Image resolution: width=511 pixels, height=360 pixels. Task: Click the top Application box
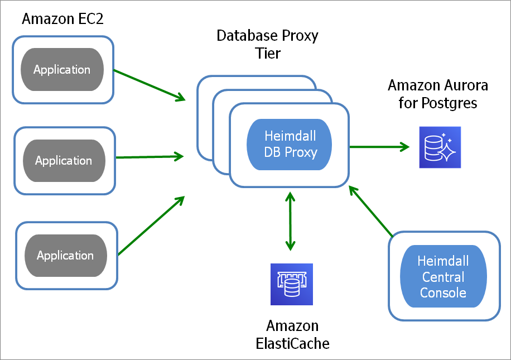pyautogui.click(x=62, y=70)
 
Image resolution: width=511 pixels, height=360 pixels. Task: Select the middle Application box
pyautogui.click(x=64, y=161)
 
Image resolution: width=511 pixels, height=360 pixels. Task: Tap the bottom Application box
pyautogui.click(x=66, y=256)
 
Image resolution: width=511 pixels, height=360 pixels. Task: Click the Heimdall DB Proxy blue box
pyautogui.click(x=290, y=145)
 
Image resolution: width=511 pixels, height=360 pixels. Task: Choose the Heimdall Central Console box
pyautogui.click(x=443, y=277)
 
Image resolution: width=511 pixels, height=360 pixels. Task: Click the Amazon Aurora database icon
pyautogui.click(x=440, y=147)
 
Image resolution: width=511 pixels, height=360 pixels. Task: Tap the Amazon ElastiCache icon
pyautogui.click(x=291, y=284)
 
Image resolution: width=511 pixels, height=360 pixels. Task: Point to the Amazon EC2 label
pyautogui.click(x=62, y=19)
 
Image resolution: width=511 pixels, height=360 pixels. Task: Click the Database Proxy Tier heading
pyautogui.click(x=267, y=45)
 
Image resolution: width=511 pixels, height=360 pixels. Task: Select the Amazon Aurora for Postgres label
pyautogui.click(x=437, y=94)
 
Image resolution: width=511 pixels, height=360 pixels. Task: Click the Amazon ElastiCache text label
pyautogui.click(x=292, y=334)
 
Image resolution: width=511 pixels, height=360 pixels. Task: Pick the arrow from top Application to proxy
pyautogui.click(x=149, y=85)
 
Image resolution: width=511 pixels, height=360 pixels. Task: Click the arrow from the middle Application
pyautogui.click(x=150, y=157)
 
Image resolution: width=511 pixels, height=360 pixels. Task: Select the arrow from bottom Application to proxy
pyautogui.click(x=152, y=225)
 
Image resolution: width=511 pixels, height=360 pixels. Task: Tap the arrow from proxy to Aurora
pyautogui.click(x=379, y=147)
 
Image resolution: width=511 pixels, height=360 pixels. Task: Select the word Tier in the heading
pyautogui.click(x=267, y=54)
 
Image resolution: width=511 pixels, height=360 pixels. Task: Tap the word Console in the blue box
pyautogui.click(x=443, y=292)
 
